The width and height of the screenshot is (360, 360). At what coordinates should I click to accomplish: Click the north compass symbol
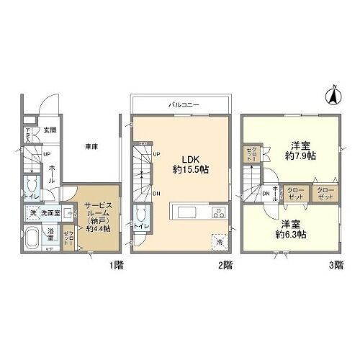(333, 93)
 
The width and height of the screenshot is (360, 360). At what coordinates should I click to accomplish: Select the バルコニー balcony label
(180, 104)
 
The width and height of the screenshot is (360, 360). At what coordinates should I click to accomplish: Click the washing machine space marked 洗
(32, 213)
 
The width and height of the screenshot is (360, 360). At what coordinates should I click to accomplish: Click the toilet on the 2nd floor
(142, 215)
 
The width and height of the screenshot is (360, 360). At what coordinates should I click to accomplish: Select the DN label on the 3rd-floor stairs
(265, 192)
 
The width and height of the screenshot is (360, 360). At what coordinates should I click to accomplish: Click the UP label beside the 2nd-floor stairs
(156, 153)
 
